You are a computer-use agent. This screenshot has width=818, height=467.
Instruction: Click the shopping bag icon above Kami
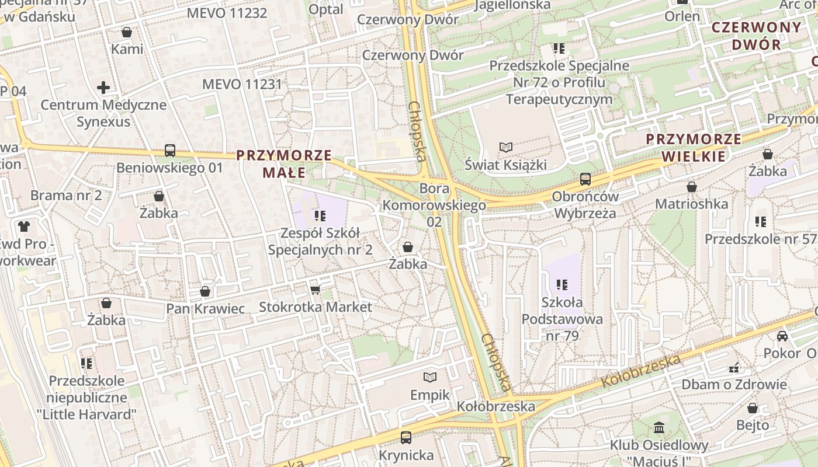[127, 32]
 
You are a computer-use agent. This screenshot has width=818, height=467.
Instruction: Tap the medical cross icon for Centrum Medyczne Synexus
[103, 88]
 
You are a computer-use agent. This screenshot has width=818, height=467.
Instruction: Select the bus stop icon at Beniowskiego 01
[170, 151]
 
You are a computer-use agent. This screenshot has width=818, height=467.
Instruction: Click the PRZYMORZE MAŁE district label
[284, 164]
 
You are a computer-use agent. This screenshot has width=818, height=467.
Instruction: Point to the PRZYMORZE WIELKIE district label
[694, 148]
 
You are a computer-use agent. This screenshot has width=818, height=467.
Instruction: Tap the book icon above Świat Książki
[505, 148]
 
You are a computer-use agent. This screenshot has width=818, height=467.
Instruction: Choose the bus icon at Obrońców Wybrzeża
[585, 179]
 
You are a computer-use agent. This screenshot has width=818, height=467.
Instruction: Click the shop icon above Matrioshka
[692, 187]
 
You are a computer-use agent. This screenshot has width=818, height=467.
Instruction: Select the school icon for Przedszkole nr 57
[760, 222]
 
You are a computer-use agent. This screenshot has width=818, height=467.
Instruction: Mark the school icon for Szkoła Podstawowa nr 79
[562, 285]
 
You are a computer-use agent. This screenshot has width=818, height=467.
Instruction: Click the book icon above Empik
[430, 378]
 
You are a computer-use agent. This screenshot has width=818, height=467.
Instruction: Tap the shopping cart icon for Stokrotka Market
[316, 290]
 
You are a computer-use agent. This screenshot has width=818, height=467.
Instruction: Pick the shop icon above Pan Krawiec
[205, 291]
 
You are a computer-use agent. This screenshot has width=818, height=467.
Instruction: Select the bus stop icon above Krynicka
[406, 437]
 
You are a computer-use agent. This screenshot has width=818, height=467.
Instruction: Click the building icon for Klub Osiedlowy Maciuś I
[659, 428]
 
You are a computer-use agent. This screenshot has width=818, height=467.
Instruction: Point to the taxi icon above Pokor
[782, 336]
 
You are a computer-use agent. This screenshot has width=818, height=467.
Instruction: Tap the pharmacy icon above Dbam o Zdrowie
[734, 368]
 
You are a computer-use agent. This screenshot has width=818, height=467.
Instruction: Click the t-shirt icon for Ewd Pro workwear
[24, 226]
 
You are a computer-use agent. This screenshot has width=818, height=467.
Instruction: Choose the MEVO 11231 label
[242, 84]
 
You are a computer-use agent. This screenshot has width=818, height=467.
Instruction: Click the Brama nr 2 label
[66, 195]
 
